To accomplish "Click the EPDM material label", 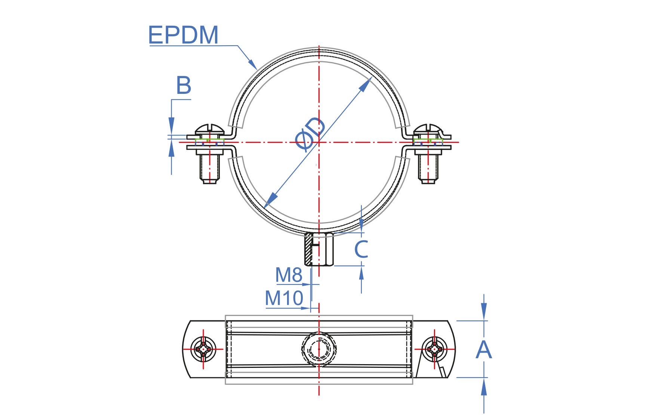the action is tap(183, 35).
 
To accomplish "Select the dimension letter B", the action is tap(184, 85).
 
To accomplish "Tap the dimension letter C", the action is tap(361, 249).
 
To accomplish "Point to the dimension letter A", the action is tap(484, 350).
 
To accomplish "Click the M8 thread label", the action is tap(289, 275).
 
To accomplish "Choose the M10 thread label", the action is tap(284, 298).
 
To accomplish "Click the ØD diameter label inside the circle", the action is tap(310, 134).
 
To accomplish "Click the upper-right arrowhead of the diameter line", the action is tap(365, 84).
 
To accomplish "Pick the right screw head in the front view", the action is tap(428, 129).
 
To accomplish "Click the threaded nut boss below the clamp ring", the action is tap(319, 249).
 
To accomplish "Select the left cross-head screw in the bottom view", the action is tap(203, 349).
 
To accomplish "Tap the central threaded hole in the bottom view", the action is tap(319, 349).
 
